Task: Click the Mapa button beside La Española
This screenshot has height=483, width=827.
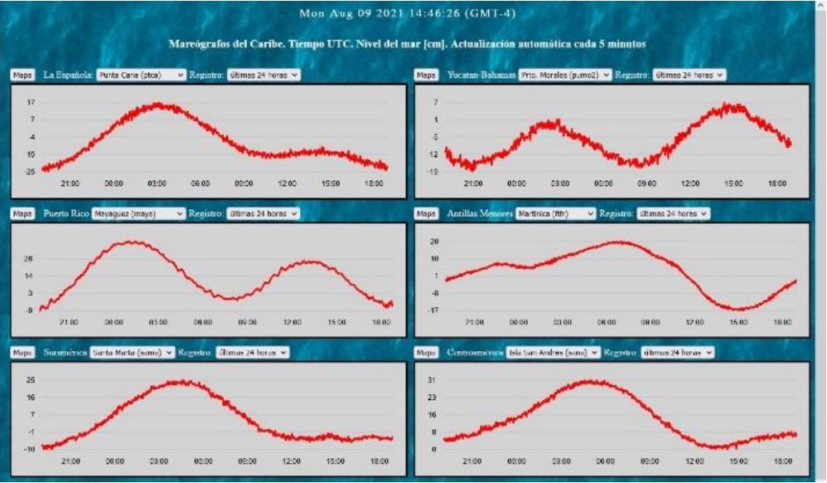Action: pos(22,75)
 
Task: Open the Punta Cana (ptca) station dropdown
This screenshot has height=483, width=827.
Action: pos(140,75)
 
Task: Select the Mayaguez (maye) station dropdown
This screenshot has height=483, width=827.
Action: pos(138,213)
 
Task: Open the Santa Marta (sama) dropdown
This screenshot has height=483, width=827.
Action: pos(132,352)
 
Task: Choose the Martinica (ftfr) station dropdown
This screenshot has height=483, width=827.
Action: pos(554,213)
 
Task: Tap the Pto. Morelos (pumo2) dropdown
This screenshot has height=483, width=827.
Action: pos(566,75)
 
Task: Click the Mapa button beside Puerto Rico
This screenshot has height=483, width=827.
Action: pos(22,213)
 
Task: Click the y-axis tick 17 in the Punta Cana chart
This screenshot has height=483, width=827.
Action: pos(30,102)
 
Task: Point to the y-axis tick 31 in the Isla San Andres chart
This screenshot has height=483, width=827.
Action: pos(433,380)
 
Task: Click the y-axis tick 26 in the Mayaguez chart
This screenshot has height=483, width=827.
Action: pos(30,258)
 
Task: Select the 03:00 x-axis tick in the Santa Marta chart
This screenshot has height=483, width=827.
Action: pos(157,460)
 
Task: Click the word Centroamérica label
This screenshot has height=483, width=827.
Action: pos(472,352)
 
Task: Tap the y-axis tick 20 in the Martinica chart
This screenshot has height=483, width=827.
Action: pos(433,241)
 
